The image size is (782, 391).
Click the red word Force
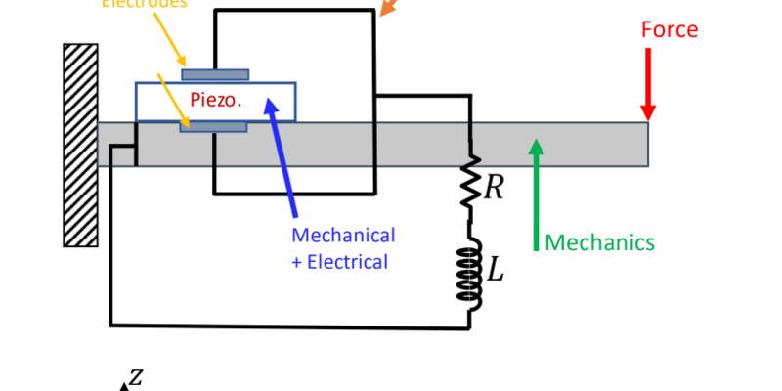pos(669,29)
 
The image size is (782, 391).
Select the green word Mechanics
pos(599,242)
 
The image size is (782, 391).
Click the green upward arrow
pos(536,195)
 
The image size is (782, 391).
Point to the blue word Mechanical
pos(343,236)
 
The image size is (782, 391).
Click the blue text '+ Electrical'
pos(339,261)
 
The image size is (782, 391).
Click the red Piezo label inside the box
pos(215,100)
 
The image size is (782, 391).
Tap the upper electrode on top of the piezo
pos(215,74)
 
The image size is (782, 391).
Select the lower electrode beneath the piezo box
pos(213,126)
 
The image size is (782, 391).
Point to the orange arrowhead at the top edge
pos(388,9)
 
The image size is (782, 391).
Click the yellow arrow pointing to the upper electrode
pos(168,39)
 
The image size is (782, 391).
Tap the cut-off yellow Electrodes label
pos(145,4)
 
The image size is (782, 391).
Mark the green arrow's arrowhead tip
pos(536,142)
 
